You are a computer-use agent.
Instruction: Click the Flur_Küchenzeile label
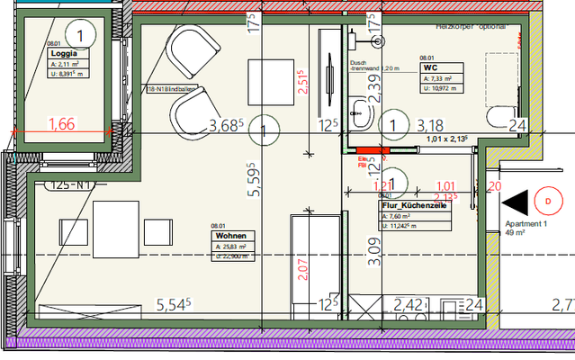coord(414,205)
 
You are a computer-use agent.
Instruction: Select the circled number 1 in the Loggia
coord(81,36)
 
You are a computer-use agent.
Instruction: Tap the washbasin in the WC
coord(362,112)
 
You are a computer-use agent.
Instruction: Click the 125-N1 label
coord(73,186)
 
